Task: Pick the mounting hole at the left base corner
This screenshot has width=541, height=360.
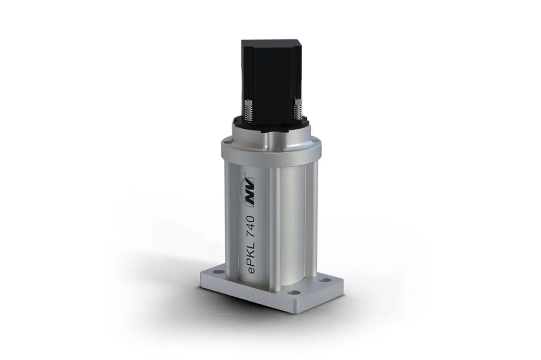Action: [x=208, y=274]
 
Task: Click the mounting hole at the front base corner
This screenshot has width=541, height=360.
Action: [x=294, y=292]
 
